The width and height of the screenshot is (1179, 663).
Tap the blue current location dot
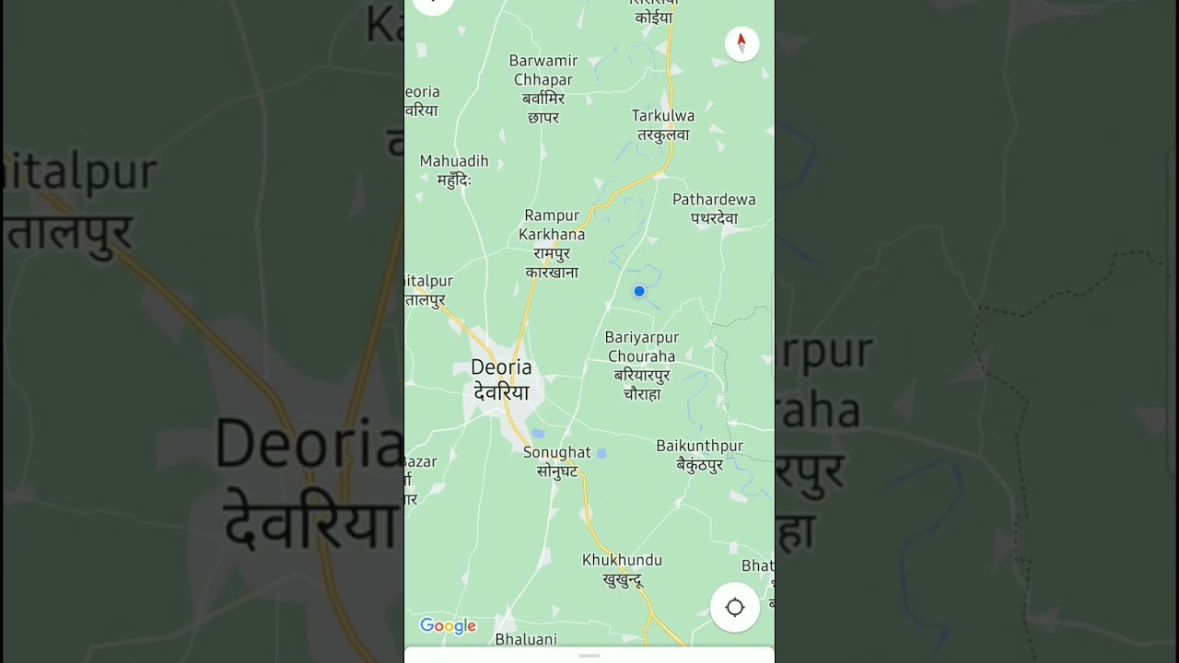tap(639, 291)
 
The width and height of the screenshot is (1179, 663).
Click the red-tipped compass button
tap(741, 43)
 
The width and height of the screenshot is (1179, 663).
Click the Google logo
tap(449, 626)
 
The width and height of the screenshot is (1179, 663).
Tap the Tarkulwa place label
tap(663, 116)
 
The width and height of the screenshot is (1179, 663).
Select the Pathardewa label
tap(714, 200)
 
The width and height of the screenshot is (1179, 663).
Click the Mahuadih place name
tap(454, 161)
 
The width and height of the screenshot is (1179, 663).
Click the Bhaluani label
tap(526, 639)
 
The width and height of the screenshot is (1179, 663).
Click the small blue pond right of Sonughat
tap(601, 453)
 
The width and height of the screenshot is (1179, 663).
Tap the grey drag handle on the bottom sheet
tap(589, 656)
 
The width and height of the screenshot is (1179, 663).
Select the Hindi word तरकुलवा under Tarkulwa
tap(663, 134)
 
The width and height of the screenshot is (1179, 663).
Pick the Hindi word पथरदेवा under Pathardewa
tap(714, 218)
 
